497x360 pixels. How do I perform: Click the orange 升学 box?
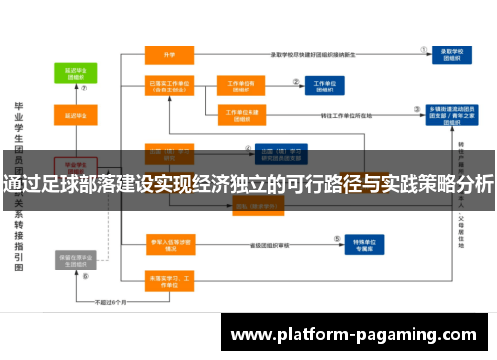point(168,53)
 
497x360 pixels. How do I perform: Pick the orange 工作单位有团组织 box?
point(243,86)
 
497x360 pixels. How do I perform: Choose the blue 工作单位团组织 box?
point(324,86)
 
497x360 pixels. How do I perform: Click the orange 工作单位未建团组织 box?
point(243,116)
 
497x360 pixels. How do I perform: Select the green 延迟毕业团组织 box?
point(76,76)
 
